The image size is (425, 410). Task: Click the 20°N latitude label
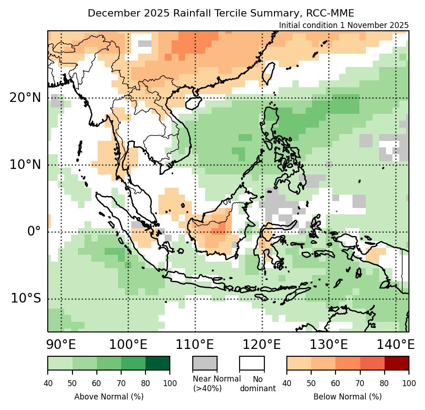pyautogui.click(x=25, y=98)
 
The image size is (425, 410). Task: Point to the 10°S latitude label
pyautogui.click(x=25, y=298)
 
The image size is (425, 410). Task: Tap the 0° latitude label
pyautogui.click(x=34, y=231)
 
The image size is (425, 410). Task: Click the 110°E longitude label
pyautogui.click(x=195, y=344)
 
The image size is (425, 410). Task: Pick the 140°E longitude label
pyautogui.click(x=395, y=344)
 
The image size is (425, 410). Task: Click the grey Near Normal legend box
pyautogui.click(x=205, y=363)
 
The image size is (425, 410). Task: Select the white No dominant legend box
pyautogui.click(x=252, y=363)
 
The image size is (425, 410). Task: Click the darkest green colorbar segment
pyautogui.click(x=157, y=363)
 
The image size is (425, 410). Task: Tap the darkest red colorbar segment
pyautogui.click(x=397, y=363)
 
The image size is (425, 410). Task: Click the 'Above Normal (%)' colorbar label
pyautogui.click(x=109, y=396)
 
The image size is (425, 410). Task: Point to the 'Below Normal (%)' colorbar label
pyautogui.click(x=347, y=396)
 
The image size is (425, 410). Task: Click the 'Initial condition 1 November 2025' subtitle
pyautogui.click(x=343, y=25)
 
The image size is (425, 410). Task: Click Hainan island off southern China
pyautogui.click(x=194, y=103)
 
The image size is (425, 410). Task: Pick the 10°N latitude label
pyautogui.click(x=25, y=164)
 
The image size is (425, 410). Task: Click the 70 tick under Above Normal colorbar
pyautogui.click(x=121, y=382)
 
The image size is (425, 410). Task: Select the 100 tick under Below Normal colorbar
pyautogui.click(x=408, y=382)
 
